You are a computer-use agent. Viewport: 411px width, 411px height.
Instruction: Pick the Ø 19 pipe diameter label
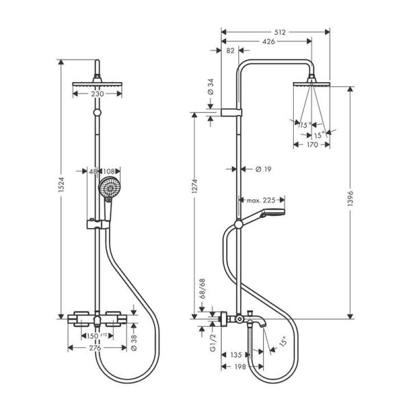point(262,169)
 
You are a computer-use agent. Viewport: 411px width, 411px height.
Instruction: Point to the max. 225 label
point(260,200)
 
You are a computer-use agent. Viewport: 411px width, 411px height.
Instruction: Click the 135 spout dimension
point(237,356)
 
